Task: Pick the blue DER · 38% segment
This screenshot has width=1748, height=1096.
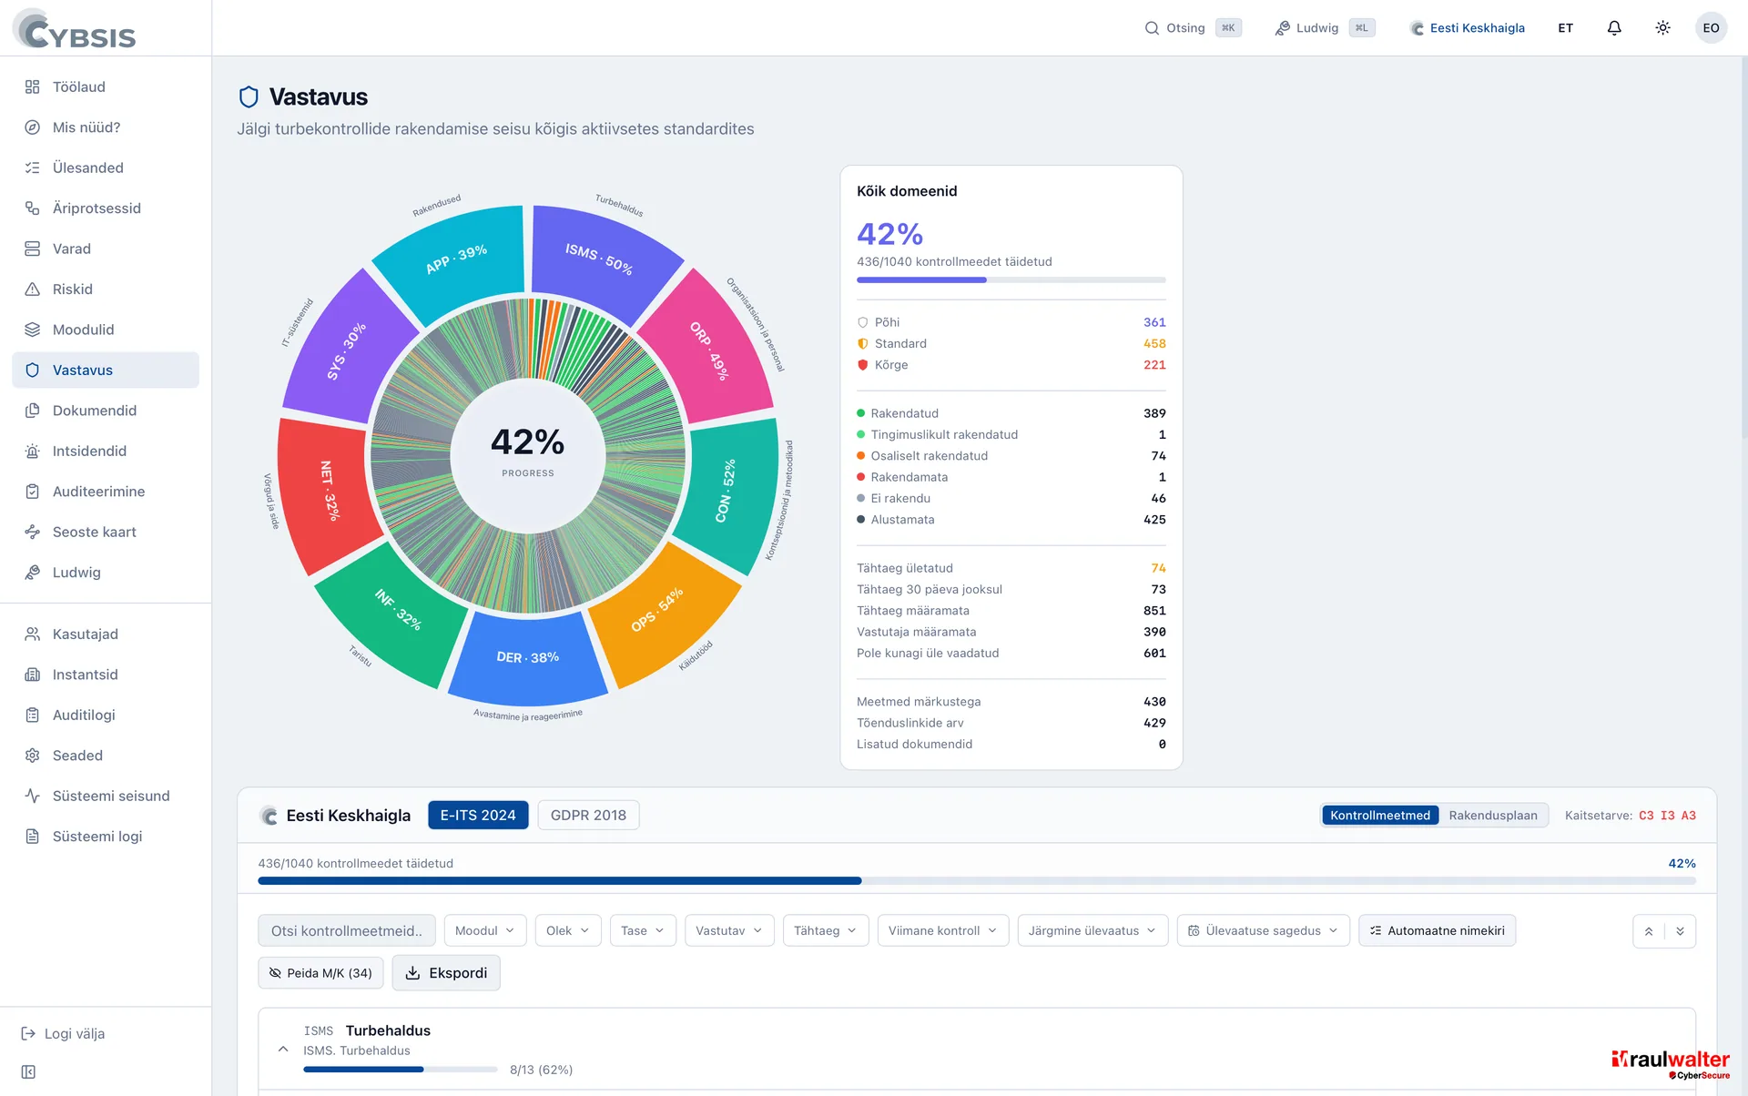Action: point(528,658)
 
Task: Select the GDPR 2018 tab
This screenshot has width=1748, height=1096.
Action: point(588,816)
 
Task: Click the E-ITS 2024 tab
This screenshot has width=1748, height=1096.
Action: point(478,816)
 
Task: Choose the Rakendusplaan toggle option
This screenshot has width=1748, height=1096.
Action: point(1493,816)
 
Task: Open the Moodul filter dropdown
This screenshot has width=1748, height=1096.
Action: point(485,930)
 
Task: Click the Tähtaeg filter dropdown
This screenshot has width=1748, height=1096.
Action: point(826,930)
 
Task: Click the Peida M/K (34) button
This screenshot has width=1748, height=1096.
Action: point(320,973)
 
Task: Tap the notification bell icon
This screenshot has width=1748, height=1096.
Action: point(1614,28)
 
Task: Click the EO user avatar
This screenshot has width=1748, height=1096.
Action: point(1711,28)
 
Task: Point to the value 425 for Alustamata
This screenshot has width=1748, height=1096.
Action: point(1154,520)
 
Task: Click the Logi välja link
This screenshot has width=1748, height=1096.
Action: point(64,1034)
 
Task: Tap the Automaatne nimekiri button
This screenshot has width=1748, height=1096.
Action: point(1437,930)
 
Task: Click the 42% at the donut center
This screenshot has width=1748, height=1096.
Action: point(528,442)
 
